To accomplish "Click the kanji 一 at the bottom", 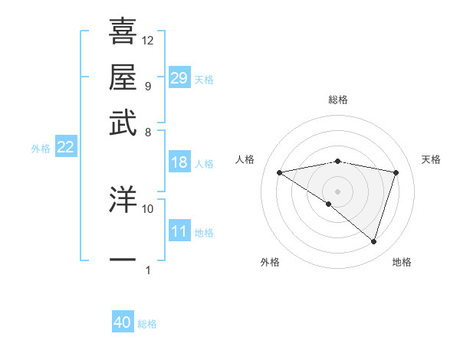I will [x=123, y=260].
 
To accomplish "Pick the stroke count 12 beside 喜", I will [x=148, y=40].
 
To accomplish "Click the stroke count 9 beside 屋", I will [x=147, y=86].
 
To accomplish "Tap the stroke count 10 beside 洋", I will [x=148, y=208].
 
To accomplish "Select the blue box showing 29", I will [x=179, y=78].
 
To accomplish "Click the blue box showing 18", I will [x=179, y=162].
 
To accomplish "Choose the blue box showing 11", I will [x=179, y=231].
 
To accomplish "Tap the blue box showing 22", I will [x=65, y=148].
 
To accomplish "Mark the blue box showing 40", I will [x=123, y=322].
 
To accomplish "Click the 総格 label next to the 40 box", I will [x=147, y=324].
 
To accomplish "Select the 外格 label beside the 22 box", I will [x=41, y=149].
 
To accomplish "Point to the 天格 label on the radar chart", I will [x=431, y=159].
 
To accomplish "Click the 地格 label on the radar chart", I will [x=402, y=262].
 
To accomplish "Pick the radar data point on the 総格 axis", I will [x=337, y=161].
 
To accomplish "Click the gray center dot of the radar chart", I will [x=337, y=190].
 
